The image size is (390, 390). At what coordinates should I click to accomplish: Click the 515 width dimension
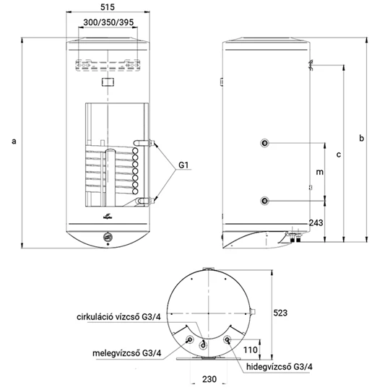[x=108, y=7]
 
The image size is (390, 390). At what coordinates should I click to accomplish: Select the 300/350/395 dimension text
[x=108, y=22]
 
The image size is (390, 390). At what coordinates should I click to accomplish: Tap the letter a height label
[x=14, y=142]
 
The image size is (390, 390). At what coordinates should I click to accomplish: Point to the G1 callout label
[x=183, y=165]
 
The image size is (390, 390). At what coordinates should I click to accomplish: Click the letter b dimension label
[x=361, y=137]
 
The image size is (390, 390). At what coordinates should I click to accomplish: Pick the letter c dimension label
[x=339, y=155]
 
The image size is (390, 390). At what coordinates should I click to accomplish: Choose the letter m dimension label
[x=320, y=172]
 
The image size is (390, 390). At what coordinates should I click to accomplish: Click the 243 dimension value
[x=316, y=223]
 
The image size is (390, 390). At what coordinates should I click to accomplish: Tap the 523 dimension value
[x=280, y=313]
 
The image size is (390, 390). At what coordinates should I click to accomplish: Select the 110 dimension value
[x=251, y=350]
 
